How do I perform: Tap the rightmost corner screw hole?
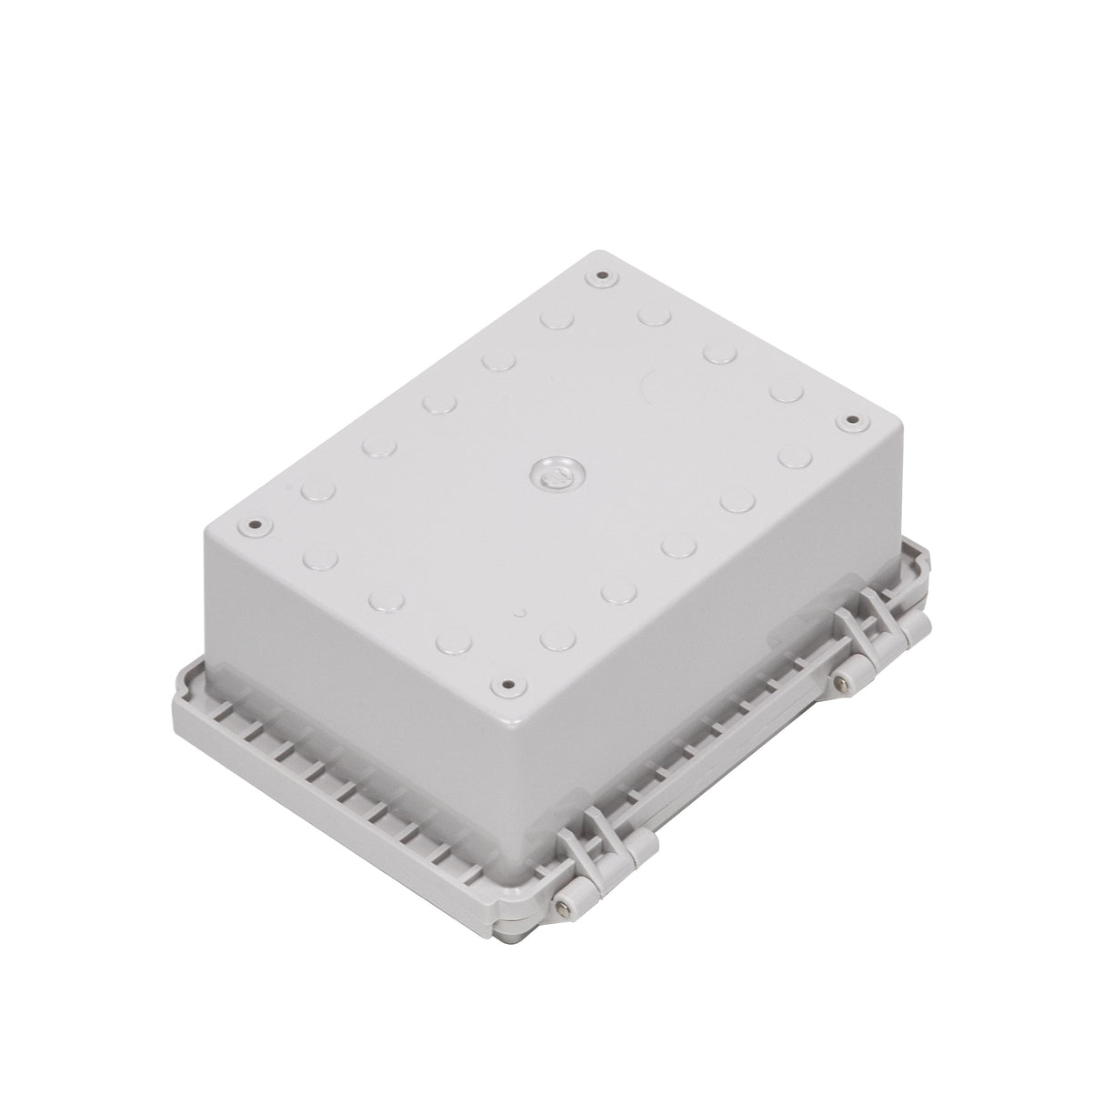pyautogui.click(x=852, y=420)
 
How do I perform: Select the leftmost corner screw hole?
pyautogui.click(x=254, y=525)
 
